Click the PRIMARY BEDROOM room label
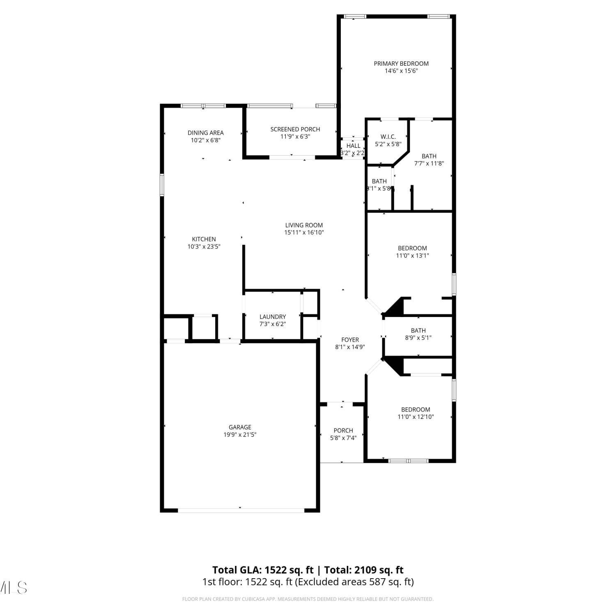401,64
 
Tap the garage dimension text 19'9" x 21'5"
240,434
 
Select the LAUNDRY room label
273,317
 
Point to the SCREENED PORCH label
295,129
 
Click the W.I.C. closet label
388,137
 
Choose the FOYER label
350,340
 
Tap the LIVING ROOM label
304,225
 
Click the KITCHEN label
204,239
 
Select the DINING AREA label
206,133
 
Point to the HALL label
353,146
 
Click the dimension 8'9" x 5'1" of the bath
418,338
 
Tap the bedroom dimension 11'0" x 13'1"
412,255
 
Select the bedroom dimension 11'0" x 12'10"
416,417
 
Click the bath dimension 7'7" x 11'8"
429,163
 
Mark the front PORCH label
343,430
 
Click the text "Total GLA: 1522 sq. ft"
263,570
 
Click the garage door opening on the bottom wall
241,510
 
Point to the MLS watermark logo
13,588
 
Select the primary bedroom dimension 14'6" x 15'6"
401,71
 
